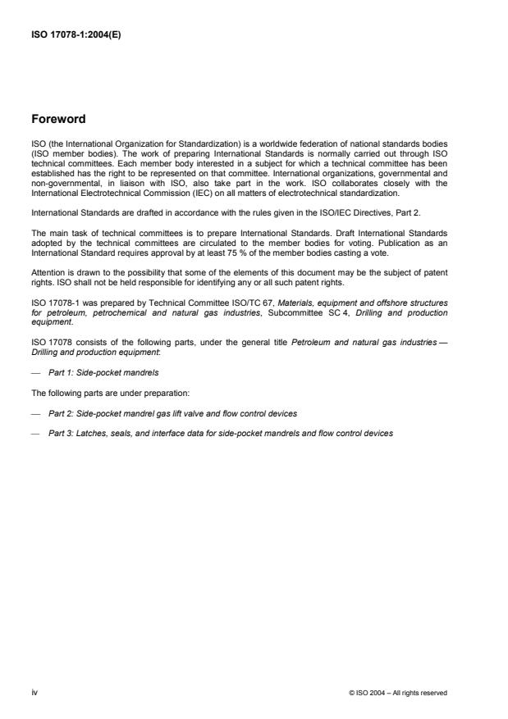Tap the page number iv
tap(34, 692)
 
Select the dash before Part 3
tap(35, 432)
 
